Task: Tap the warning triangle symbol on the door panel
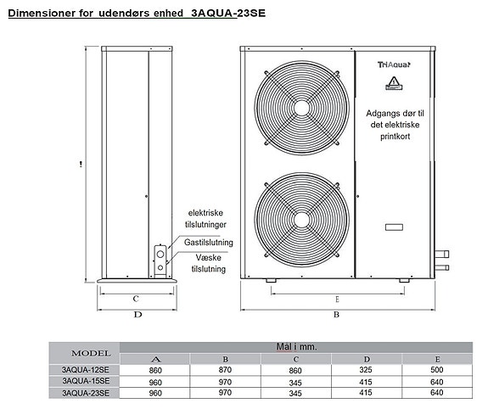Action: point(393,83)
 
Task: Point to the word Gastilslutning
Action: point(208,242)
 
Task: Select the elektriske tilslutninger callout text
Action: point(206,219)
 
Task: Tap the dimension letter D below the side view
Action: point(137,315)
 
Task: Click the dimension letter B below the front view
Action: point(336,315)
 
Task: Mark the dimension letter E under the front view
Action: point(337,299)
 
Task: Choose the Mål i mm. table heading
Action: point(296,346)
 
